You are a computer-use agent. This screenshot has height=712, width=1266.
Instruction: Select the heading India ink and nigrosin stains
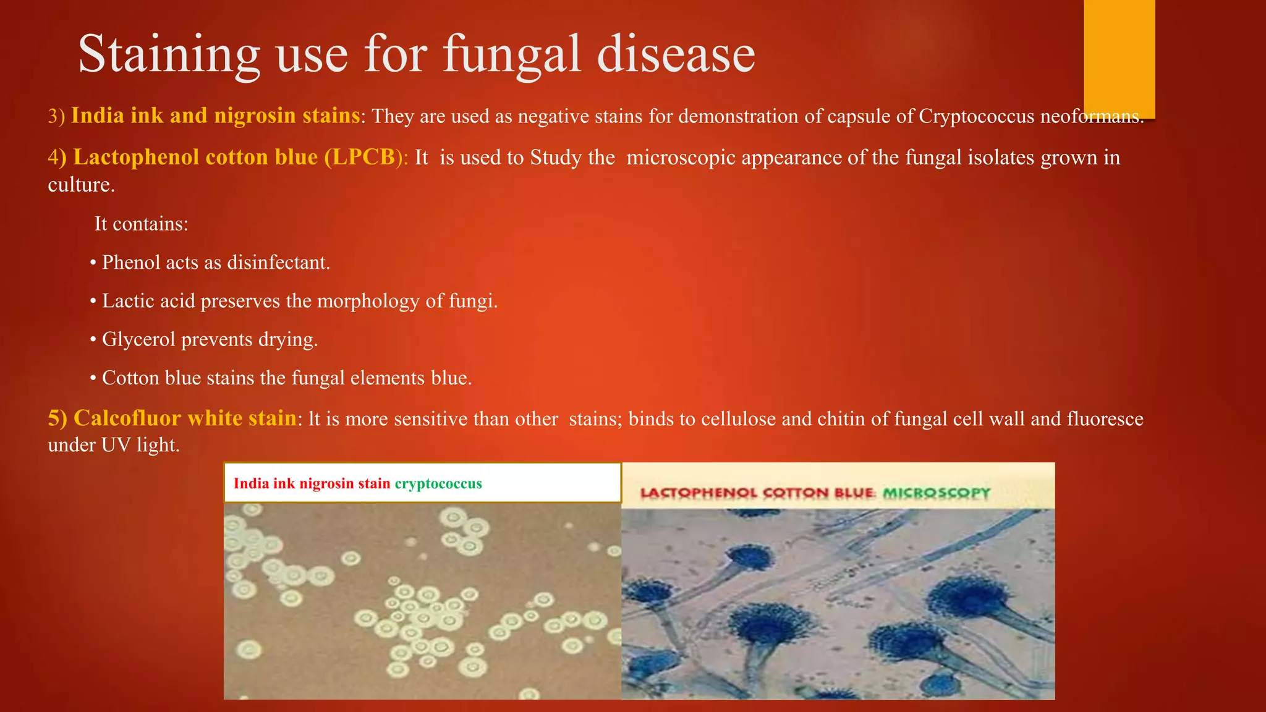pos(215,116)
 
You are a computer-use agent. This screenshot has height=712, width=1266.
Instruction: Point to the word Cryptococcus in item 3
pos(976,116)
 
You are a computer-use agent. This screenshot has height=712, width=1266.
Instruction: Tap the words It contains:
pos(141,224)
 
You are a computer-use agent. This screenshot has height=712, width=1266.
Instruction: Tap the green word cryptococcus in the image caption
pos(438,483)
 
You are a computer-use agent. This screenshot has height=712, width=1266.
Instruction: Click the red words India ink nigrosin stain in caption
pos(312,483)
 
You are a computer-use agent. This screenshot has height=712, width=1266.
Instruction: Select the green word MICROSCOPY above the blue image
pos(937,493)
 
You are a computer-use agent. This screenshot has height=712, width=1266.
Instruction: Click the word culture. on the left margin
pos(81,185)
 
